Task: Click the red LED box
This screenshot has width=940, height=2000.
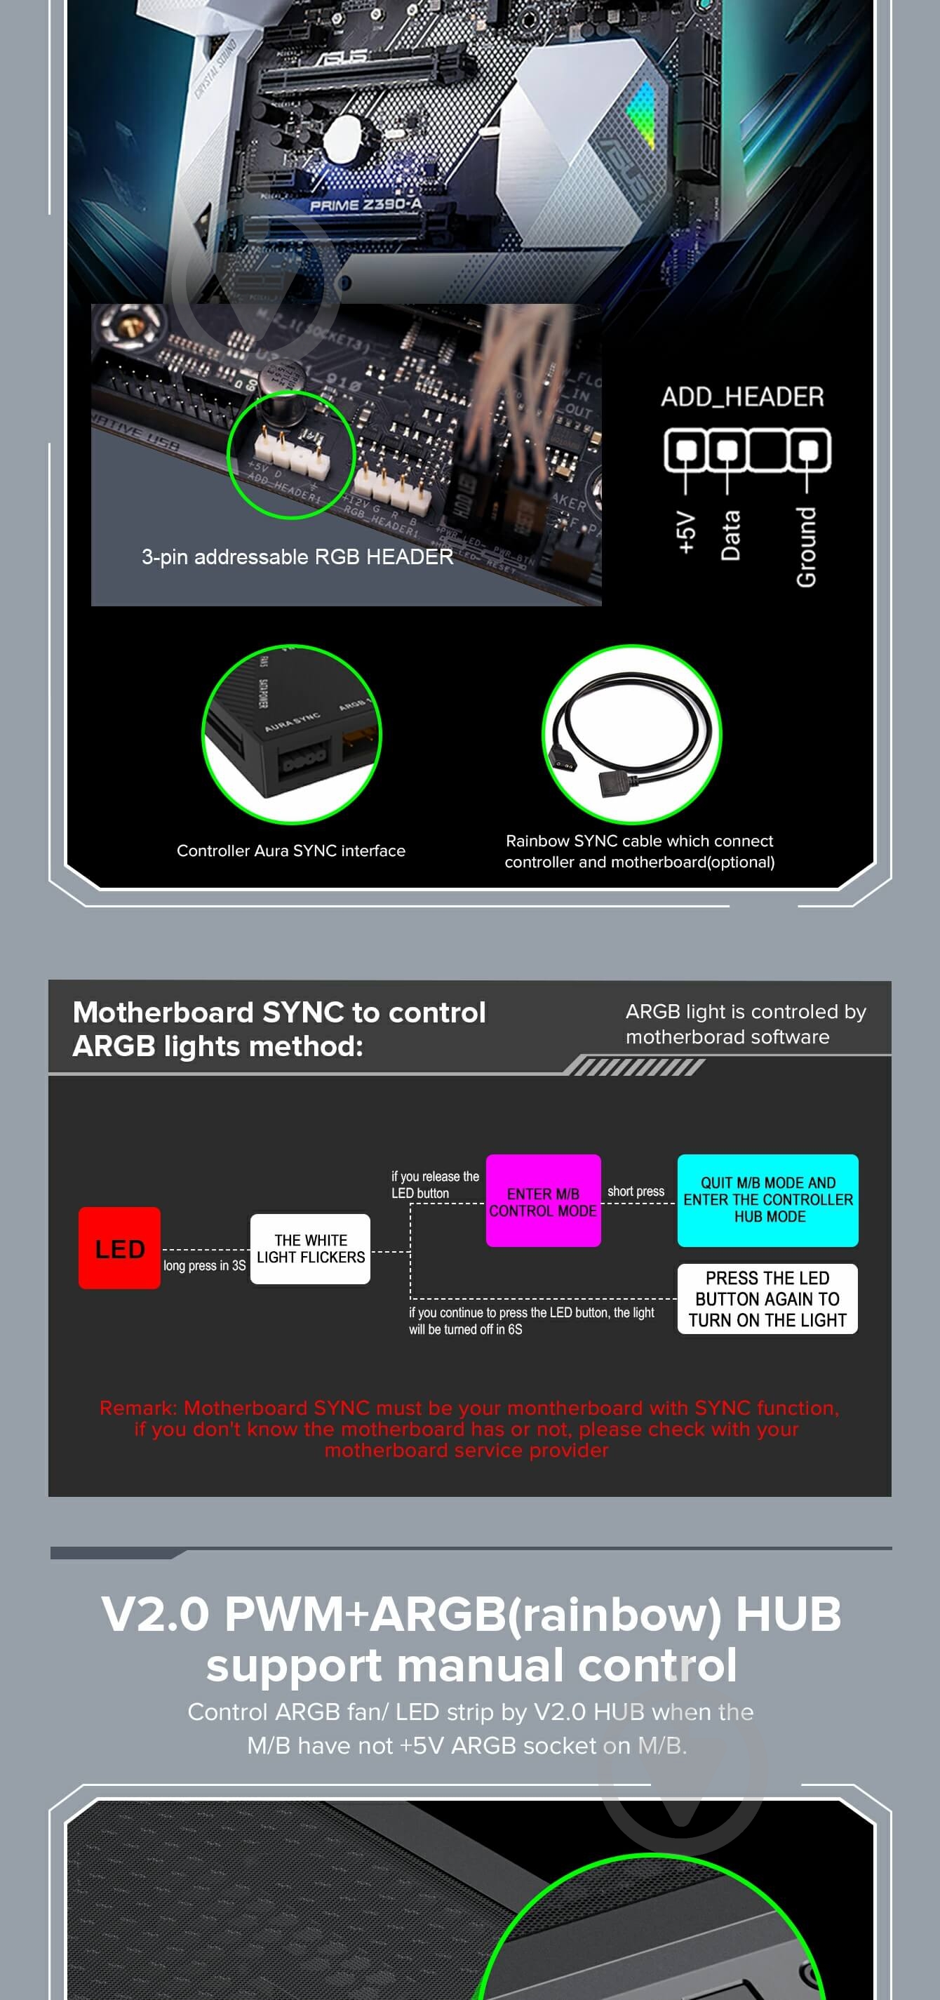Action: (119, 1248)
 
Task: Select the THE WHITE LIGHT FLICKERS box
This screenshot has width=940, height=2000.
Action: (311, 1248)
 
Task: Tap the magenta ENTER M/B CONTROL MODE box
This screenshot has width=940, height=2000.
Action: (542, 1200)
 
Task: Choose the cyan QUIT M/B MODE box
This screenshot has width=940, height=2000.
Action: (767, 1199)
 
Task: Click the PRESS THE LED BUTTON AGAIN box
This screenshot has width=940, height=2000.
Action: (767, 1298)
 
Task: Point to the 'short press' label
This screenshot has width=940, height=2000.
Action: (636, 1191)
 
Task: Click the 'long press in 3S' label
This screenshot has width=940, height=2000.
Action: (204, 1265)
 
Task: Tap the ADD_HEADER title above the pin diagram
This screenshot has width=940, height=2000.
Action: (742, 396)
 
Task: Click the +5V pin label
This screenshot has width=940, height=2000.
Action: (685, 533)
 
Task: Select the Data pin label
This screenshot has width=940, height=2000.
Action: (730, 535)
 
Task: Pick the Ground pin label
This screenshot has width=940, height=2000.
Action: (807, 547)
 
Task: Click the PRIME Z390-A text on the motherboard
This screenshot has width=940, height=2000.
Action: (365, 205)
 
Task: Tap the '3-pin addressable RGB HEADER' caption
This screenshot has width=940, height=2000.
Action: (297, 556)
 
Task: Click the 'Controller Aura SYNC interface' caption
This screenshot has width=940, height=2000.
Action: (291, 850)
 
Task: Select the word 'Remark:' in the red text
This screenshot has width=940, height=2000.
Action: (138, 1408)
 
